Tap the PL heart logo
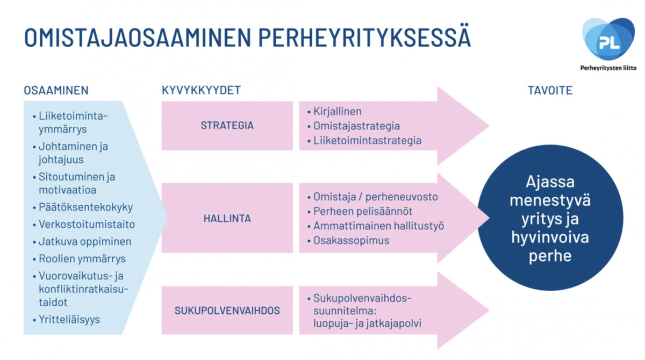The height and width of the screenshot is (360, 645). pyautogui.click(x=608, y=39)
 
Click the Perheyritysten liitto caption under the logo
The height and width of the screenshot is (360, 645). pyautogui.click(x=608, y=68)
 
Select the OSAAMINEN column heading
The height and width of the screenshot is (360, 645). pyautogui.click(x=56, y=90)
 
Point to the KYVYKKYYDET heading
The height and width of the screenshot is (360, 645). pyautogui.click(x=201, y=90)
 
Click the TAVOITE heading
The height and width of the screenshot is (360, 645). pyautogui.click(x=550, y=90)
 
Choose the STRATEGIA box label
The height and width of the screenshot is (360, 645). pyautogui.click(x=227, y=126)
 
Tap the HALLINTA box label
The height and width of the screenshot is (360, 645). pyautogui.click(x=227, y=219)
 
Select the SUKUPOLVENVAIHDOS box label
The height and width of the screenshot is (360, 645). pyautogui.click(x=227, y=311)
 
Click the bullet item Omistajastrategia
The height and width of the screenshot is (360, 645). pyautogui.click(x=356, y=126)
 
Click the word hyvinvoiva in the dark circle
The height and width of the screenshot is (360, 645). pyautogui.click(x=550, y=237)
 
